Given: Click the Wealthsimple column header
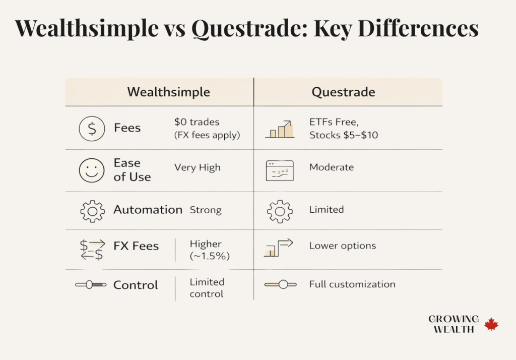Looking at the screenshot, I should pyautogui.click(x=168, y=92).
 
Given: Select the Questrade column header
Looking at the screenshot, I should pyautogui.click(x=343, y=92).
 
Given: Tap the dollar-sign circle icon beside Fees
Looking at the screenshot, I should pyautogui.click(x=92, y=129).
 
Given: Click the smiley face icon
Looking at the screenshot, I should pyautogui.click(x=92, y=170).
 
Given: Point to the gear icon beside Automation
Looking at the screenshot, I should pyautogui.click(x=92, y=211).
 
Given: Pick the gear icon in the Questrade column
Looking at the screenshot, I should pyautogui.click(x=279, y=211).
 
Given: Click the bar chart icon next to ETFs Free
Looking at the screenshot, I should pyautogui.click(x=279, y=129).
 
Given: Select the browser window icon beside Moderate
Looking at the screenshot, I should pyautogui.click(x=279, y=170).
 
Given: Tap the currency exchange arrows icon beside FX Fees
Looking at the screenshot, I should pyautogui.click(x=92, y=249).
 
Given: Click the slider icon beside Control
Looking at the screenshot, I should pyautogui.click(x=91, y=285).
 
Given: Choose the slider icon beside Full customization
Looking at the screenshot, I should pyautogui.click(x=279, y=285).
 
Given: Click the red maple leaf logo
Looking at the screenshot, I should pyautogui.click(x=491, y=324).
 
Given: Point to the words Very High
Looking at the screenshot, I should pyautogui.click(x=197, y=167).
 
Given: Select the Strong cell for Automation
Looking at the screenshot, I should pyautogui.click(x=205, y=210).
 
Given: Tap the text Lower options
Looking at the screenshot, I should pyautogui.click(x=342, y=246).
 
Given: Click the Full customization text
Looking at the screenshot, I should pyautogui.click(x=352, y=284).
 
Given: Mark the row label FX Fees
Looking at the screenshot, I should pyautogui.click(x=136, y=246).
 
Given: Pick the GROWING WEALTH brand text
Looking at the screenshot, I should pyautogui.click(x=453, y=324).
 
